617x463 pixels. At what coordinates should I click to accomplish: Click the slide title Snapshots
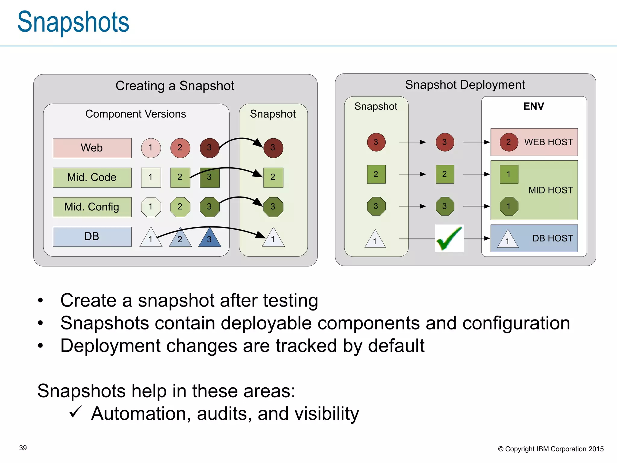coord(73,22)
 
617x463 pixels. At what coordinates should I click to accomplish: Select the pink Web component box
coord(92,148)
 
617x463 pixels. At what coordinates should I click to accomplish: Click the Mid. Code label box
coord(92,178)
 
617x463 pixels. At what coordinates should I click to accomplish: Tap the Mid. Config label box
coord(92,207)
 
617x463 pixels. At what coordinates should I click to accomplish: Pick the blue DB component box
coord(92,237)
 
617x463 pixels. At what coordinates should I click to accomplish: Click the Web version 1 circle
coord(151,148)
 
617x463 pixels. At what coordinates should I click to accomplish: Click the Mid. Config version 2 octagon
coord(180,207)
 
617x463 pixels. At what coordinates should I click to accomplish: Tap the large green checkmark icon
coord(449,238)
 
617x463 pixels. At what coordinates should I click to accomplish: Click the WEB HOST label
coord(548,142)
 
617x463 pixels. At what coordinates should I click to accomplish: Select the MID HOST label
coord(550,190)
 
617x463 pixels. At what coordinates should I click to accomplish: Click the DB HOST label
coord(553,238)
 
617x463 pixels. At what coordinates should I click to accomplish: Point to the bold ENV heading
coord(534,106)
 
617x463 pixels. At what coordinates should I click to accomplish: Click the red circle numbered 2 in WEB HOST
coord(509,142)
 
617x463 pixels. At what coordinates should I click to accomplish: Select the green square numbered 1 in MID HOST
coord(509,174)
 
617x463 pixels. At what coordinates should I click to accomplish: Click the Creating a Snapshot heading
coord(175,86)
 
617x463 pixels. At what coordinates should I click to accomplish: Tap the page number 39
coord(23,448)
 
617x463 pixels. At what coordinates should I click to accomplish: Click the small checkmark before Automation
coord(76,412)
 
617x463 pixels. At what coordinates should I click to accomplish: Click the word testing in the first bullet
coord(290,301)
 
